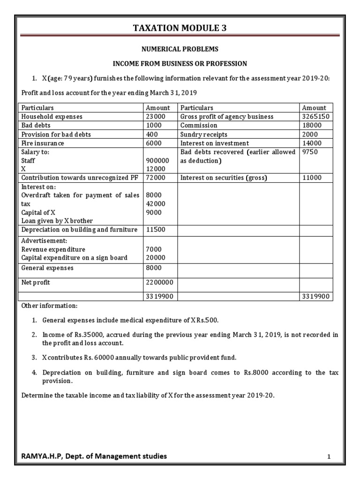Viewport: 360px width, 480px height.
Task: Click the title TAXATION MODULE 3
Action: (180, 28)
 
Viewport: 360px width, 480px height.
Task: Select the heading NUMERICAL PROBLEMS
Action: (180, 49)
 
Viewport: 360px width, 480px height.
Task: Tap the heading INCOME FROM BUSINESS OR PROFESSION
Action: (180, 63)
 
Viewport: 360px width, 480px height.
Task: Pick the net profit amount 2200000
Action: (159, 283)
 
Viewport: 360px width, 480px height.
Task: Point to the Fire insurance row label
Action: (43, 143)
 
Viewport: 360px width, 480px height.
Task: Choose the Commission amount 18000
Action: (311, 126)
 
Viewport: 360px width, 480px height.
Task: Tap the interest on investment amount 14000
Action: (311, 143)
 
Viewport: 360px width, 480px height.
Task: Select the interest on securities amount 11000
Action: (311, 178)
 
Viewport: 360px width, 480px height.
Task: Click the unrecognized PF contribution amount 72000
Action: (156, 178)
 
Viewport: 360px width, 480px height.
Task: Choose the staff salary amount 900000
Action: (157, 161)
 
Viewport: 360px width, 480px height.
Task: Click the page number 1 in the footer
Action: (329, 457)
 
